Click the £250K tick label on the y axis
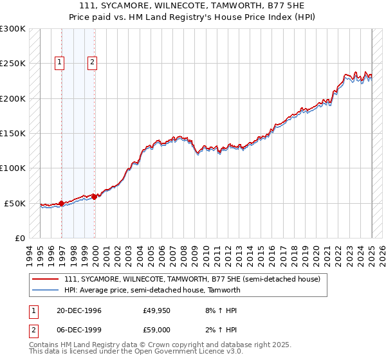pyautogui.click(x=13, y=64)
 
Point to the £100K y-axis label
pyautogui.click(x=13, y=168)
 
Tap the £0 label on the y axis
pyautogui.click(x=19, y=238)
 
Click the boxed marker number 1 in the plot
pyautogui.click(x=59, y=62)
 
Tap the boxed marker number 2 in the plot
pyautogui.click(x=93, y=62)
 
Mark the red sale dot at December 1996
pyautogui.click(x=62, y=203)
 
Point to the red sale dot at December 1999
pyautogui.click(x=95, y=197)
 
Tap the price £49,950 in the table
pyautogui.click(x=157, y=310)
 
